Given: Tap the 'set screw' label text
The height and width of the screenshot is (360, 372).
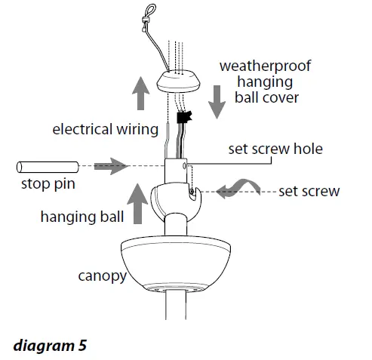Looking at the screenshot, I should point(309,191).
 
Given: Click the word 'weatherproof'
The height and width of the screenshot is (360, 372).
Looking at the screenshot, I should point(264,66).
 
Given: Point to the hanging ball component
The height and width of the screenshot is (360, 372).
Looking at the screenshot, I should point(174,201).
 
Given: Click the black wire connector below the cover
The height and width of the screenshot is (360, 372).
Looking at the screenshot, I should point(181,118).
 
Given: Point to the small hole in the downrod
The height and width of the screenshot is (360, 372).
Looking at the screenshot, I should point(184,163).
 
